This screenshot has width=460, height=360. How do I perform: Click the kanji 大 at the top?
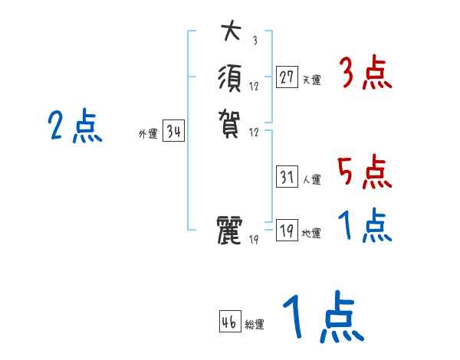click(231, 32)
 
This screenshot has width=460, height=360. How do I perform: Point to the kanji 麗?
click(231, 231)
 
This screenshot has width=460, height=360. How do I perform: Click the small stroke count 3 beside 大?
click(255, 41)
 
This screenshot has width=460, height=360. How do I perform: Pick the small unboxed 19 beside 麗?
click(255, 240)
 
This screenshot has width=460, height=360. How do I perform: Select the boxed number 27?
click(287, 77)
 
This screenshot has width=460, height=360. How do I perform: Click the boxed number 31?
click(287, 177)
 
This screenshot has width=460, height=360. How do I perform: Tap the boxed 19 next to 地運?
click(287, 231)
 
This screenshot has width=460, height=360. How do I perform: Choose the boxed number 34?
click(174, 132)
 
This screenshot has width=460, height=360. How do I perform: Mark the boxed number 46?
click(229, 322)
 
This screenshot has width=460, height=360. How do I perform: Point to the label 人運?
click(311, 180)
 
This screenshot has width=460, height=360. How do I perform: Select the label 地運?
click(311, 234)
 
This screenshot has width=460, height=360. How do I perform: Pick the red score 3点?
click(365, 75)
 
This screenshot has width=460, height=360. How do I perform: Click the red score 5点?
click(365, 172)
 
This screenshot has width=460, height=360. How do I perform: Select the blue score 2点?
click(74, 126)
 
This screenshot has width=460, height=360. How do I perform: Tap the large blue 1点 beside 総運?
click(322, 318)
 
